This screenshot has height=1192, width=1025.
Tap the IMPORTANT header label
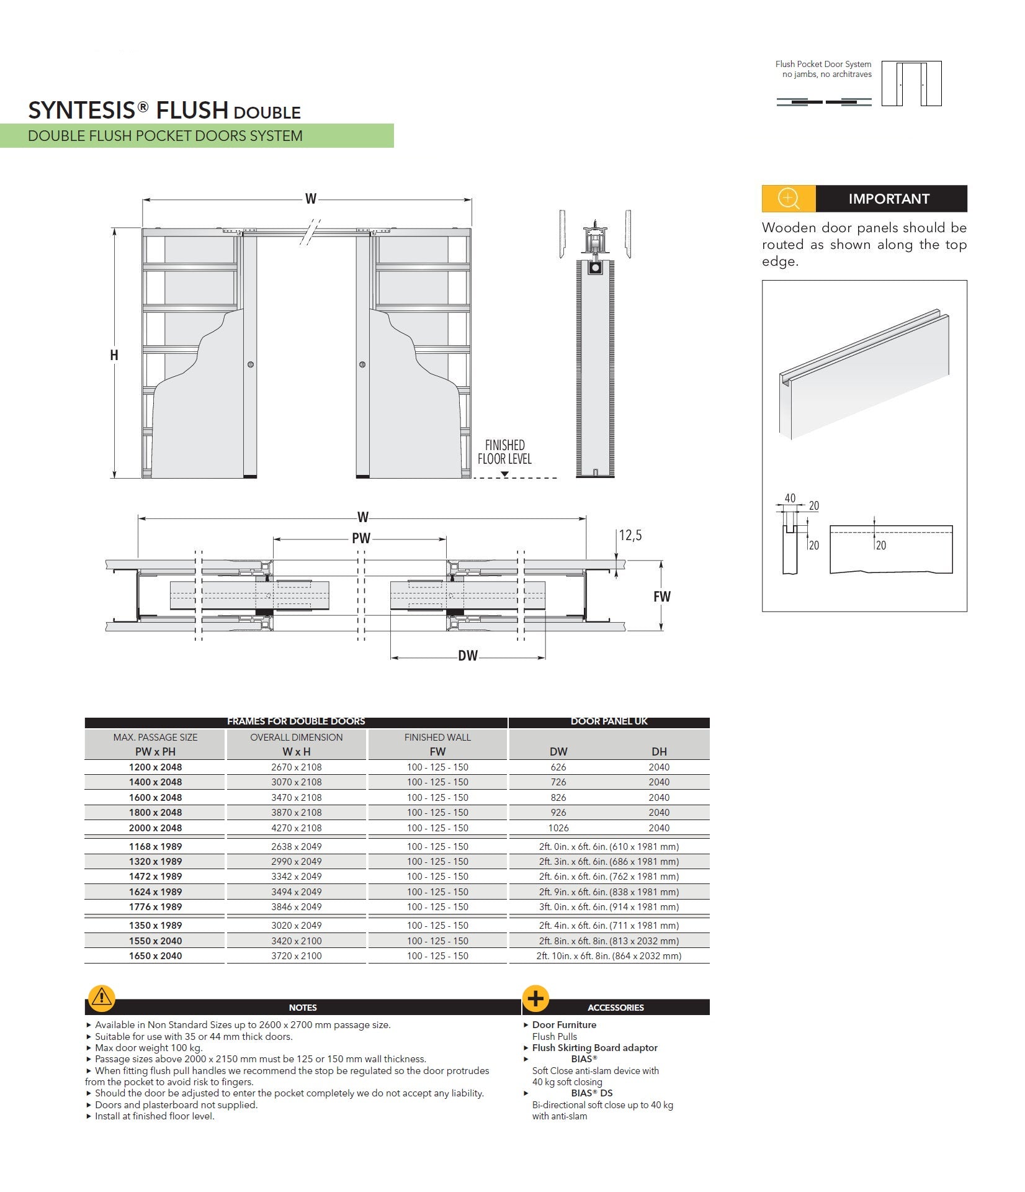[x=888, y=199]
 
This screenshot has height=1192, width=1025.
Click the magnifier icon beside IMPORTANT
[x=788, y=199]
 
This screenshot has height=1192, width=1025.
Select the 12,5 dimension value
[x=630, y=535]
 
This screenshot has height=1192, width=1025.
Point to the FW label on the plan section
[x=662, y=597]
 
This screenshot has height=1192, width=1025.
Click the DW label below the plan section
[x=468, y=656]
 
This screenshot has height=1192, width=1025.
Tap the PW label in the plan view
[x=361, y=538]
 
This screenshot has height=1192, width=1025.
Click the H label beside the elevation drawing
[x=114, y=355]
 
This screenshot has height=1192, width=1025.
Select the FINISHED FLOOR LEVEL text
[x=504, y=452]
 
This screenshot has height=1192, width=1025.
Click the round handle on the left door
[x=251, y=364]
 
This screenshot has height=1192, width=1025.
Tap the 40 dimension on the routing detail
[x=790, y=498]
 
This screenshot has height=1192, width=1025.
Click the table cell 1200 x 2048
[x=155, y=767]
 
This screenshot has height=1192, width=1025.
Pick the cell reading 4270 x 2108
[x=297, y=828]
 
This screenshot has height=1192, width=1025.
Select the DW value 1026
[x=558, y=828]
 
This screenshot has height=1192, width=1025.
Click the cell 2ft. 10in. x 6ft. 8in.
[x=609, y=956]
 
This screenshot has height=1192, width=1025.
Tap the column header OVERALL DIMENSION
[x=297, y=738]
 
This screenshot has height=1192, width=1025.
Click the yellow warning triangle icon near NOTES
[x=101, y=998]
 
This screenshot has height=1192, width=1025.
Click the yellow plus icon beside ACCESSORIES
[x=536, y=998]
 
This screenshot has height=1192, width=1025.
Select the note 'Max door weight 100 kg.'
[x=148, y=1048]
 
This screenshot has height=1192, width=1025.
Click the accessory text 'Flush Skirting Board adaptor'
[x=594, y=1048]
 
